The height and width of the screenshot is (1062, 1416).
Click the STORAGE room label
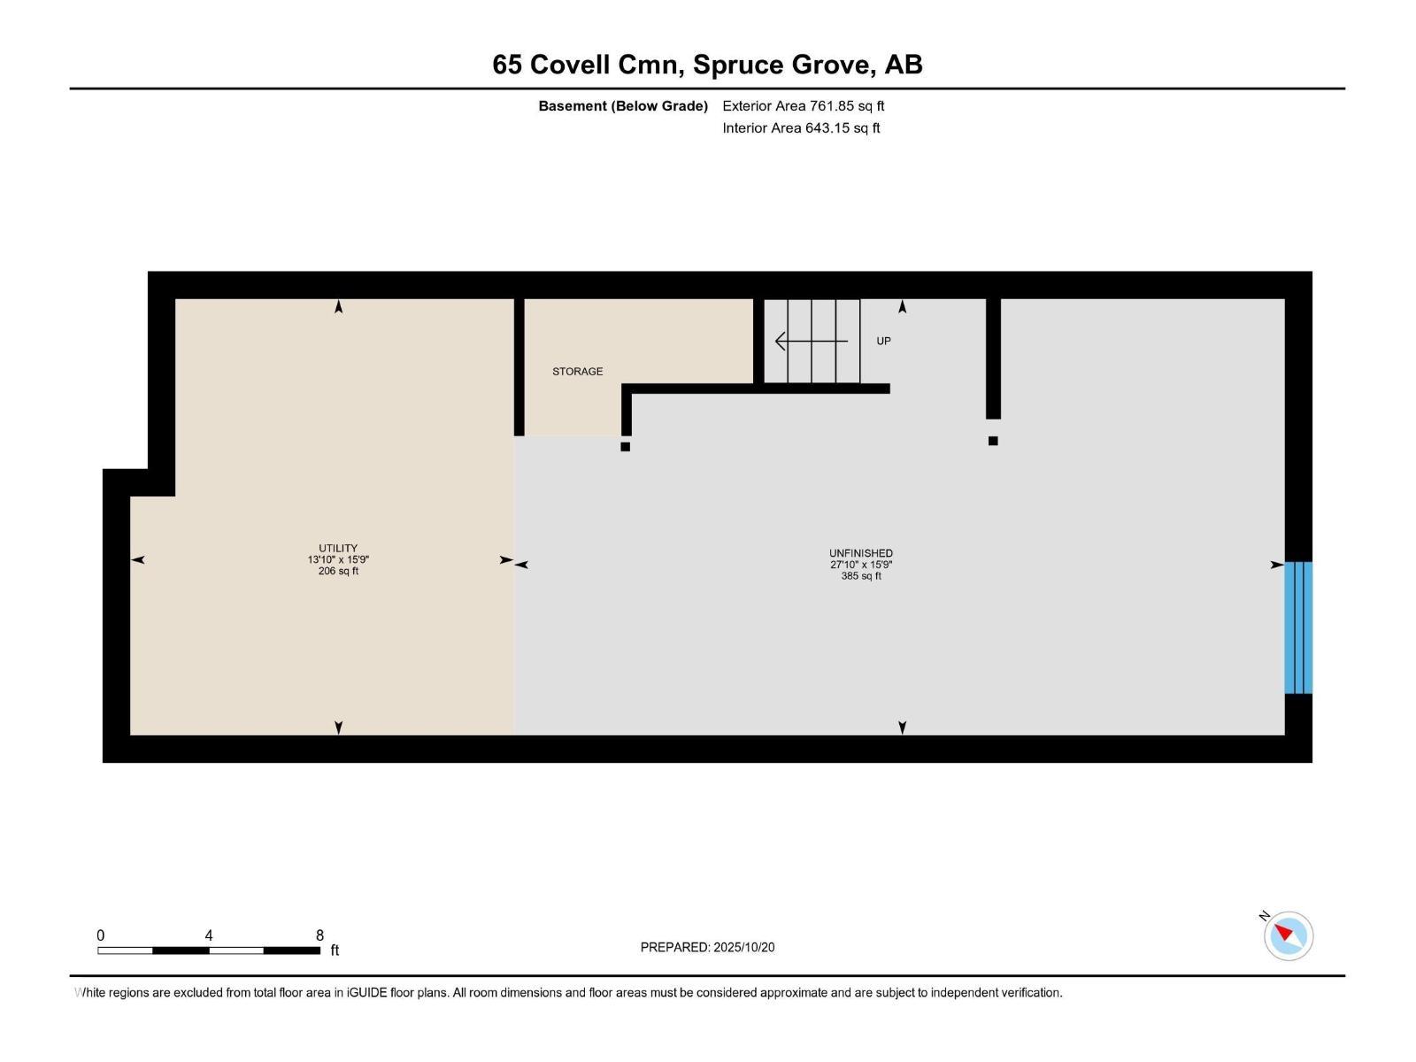coord(577,372)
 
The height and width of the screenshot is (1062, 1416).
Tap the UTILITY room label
coord(338,548)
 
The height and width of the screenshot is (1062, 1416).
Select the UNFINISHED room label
coord(860,553)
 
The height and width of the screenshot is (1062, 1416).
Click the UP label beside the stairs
coord(883,341)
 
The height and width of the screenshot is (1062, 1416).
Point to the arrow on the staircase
coord(811,341)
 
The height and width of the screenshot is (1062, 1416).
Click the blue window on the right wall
coord(1298,627)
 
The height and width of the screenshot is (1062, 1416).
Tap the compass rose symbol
coord(1289,935)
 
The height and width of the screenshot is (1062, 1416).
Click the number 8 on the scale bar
coord(320,935)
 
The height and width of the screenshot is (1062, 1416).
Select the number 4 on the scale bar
coord(208,935)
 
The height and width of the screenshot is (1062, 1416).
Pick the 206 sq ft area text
coord(338,572)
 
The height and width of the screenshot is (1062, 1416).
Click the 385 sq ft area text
coord(860,576)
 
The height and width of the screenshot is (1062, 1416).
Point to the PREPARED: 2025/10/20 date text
coord(707,947)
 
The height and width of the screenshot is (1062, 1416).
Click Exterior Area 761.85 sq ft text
coord(804,105)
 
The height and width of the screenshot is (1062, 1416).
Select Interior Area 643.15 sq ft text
coord(801,127)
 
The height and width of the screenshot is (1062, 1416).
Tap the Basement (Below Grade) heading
coord(623,105)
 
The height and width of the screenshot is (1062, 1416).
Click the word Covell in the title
coord(570,65)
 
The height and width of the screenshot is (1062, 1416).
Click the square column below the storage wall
coord(625,446)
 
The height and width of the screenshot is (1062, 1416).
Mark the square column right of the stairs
coord(993,441)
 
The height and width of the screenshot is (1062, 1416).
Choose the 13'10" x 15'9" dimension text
coord(338,559)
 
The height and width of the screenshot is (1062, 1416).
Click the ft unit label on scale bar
coord(335,950)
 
